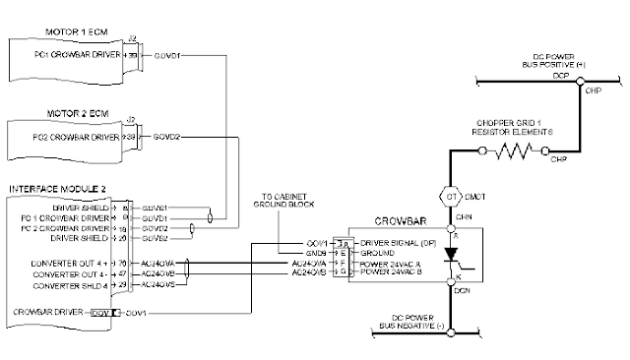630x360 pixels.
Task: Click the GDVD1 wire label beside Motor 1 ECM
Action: [163, 57]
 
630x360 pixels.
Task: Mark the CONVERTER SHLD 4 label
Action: [79, 283]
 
